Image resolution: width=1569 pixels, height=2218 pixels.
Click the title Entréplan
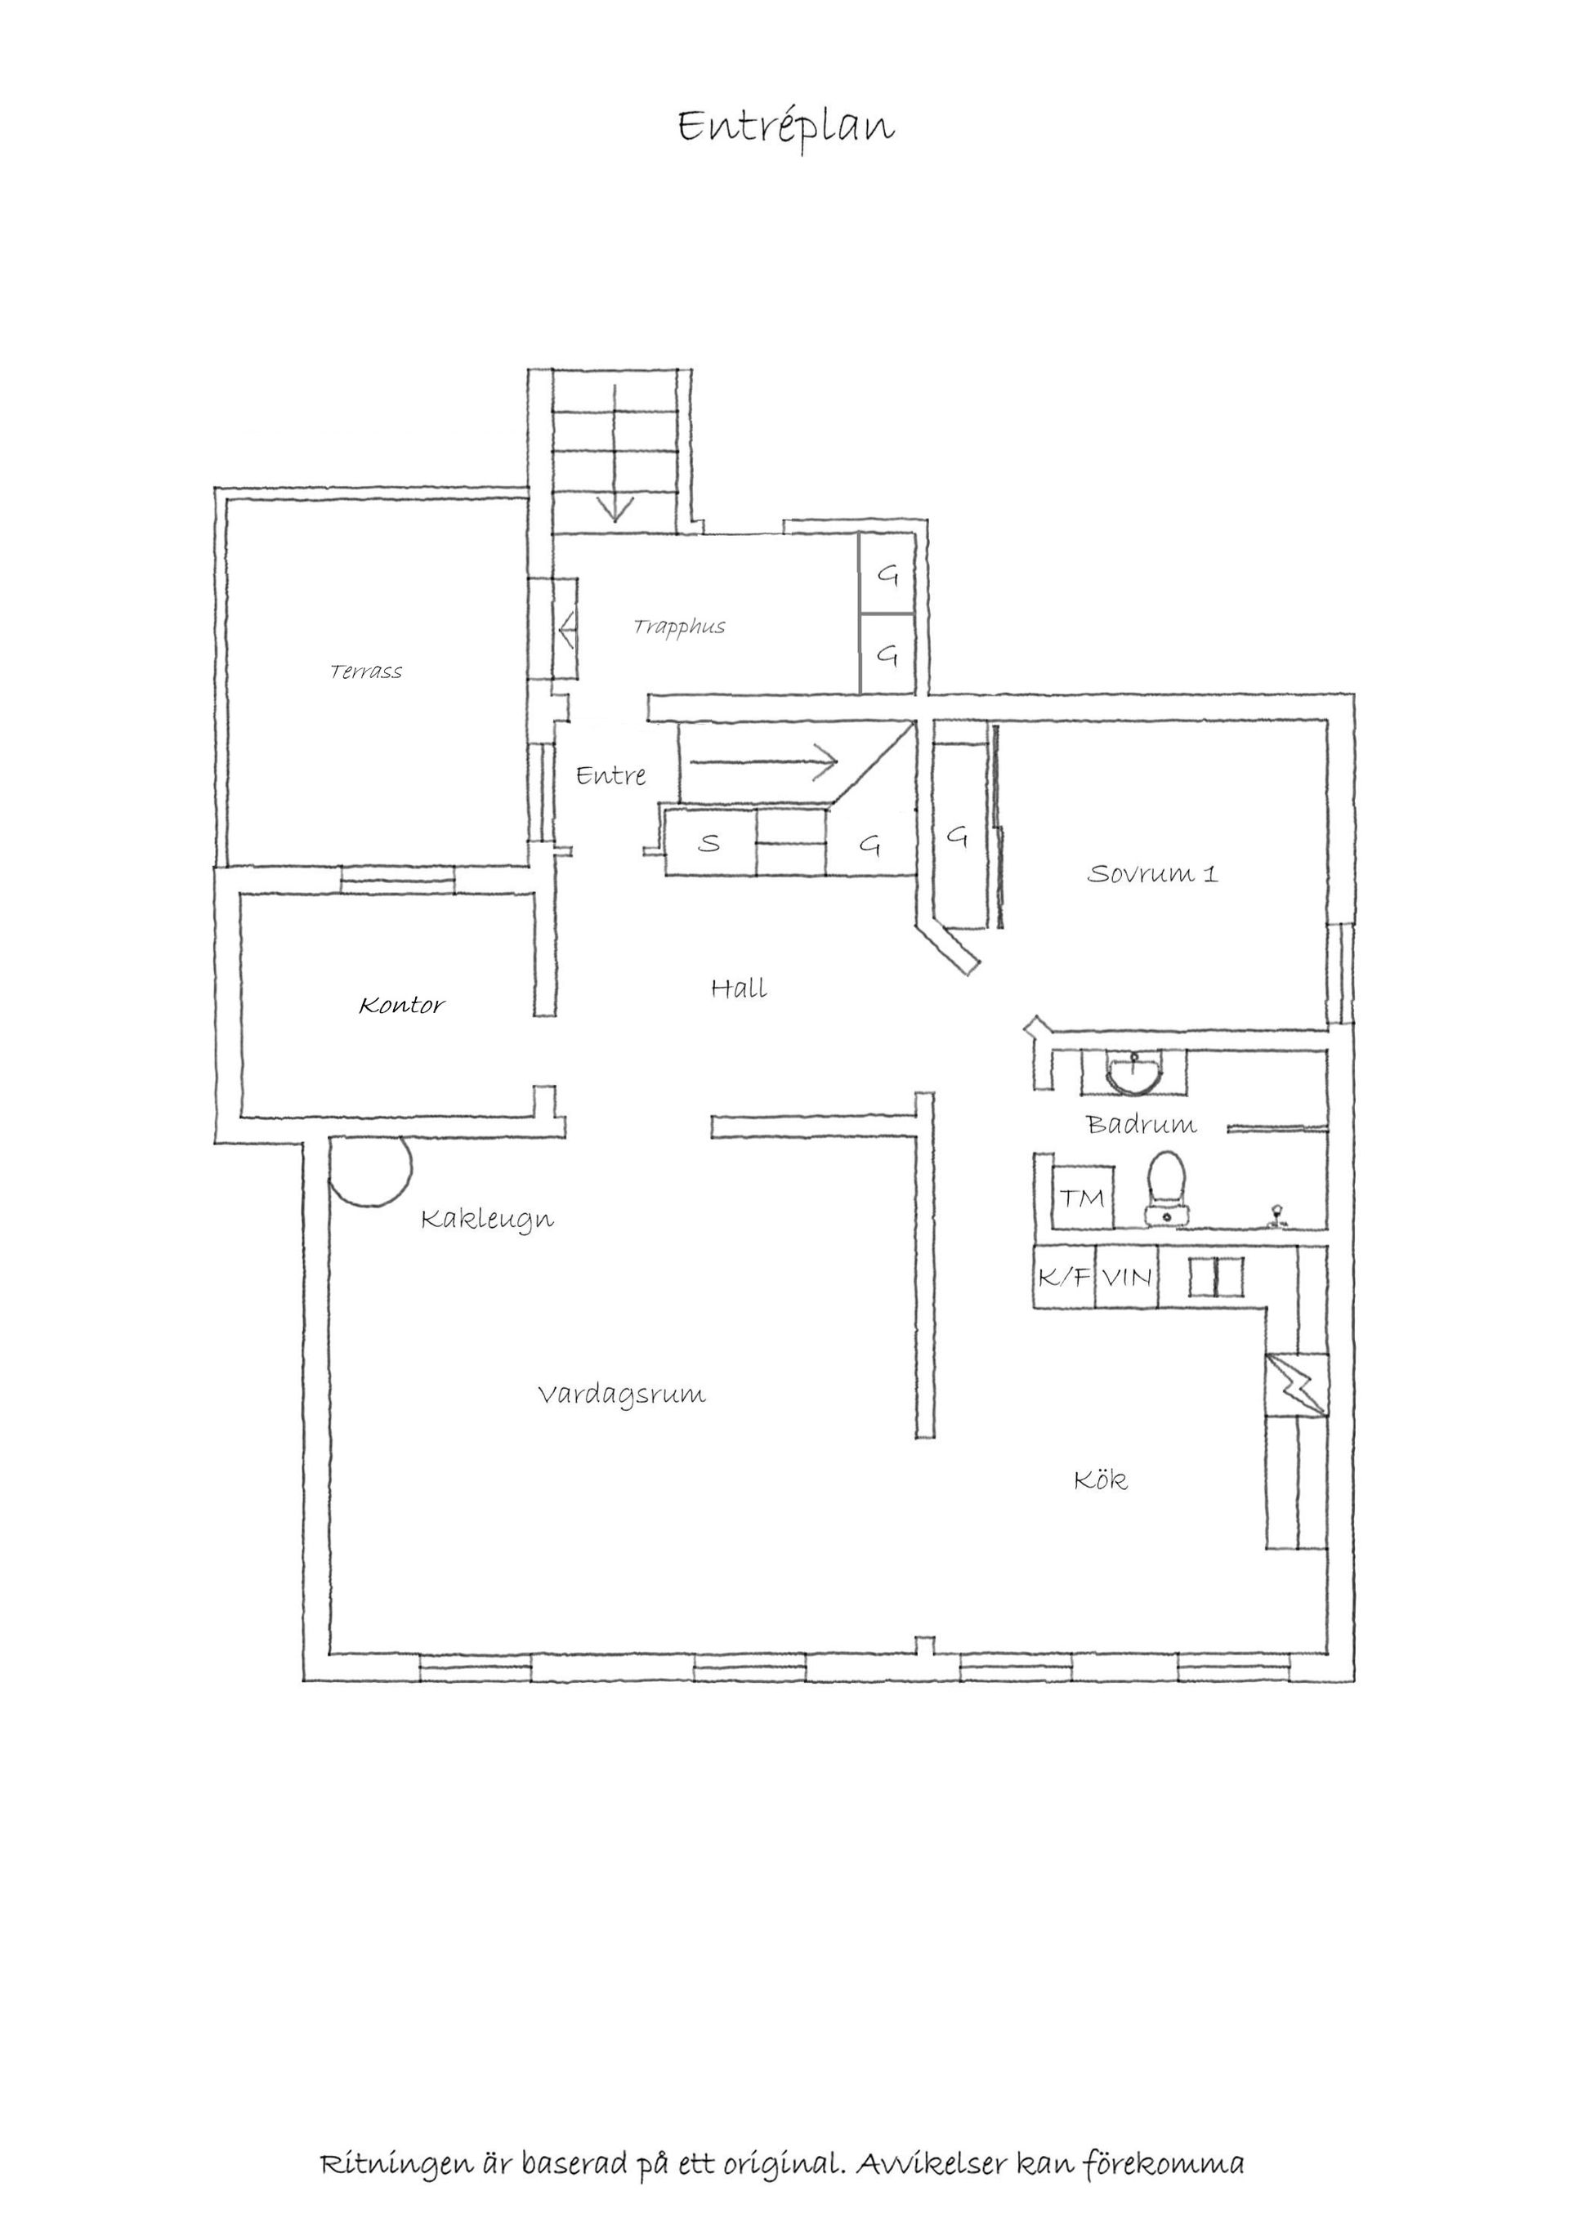coord(785,127)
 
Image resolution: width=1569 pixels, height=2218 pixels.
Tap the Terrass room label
coord(366,672)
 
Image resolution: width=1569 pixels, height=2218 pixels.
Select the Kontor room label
coord(402,1006)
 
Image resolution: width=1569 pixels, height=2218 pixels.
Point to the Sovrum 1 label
coord(1152,873)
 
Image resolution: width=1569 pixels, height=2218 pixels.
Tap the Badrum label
coord(1141,1124)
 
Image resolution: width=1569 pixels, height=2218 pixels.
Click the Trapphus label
coord(679,627)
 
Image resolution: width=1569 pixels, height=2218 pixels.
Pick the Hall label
coord(739,989)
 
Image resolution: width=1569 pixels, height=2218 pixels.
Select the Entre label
coord(610,774)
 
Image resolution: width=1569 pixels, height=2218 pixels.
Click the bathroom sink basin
coord(1134,1074)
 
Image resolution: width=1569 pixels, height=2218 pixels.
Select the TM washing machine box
coord(1083,1198)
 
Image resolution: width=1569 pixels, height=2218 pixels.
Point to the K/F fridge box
coord(1064,1277)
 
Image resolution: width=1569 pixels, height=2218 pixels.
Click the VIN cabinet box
coord(1127,1277)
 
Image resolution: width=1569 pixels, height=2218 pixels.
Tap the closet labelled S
coord(710,843)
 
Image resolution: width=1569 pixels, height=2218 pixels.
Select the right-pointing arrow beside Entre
coord(763,762)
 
